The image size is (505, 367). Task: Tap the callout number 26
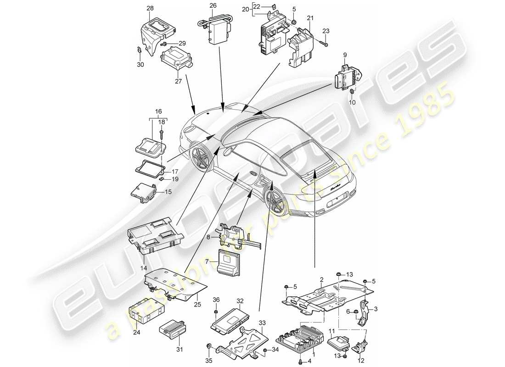213,6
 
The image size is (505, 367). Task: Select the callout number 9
345,55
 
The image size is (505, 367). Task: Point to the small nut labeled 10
352,93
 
